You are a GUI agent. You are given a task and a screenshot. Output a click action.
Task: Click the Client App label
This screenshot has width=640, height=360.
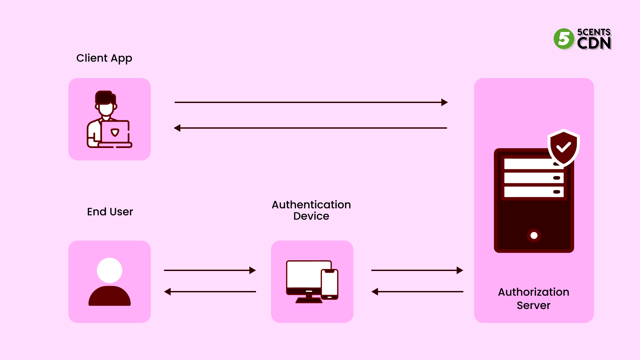coord(104,58)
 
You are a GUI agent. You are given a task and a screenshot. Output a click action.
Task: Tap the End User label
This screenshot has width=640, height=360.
coord(110,212)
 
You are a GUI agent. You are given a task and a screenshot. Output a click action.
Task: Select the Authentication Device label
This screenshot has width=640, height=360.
coord(311,210)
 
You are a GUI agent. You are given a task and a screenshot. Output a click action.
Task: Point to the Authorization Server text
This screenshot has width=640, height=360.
coord(533,298)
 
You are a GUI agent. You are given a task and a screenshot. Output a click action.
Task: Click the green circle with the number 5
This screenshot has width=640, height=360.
coord(564,39)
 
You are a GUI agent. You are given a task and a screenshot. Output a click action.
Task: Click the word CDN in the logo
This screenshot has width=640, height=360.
coord(594,43)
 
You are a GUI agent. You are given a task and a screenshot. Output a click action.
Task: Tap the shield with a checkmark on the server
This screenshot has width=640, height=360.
coord(563,147)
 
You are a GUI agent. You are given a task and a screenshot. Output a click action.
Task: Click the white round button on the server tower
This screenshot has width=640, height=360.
coord(534,235)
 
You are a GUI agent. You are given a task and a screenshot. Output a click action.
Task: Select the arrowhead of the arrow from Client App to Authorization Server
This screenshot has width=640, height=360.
coord(444,102)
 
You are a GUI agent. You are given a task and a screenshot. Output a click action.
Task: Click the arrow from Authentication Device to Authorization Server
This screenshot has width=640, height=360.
coord(417,270)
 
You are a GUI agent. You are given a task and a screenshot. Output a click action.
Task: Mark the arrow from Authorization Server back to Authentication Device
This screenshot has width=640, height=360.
coord(417,292)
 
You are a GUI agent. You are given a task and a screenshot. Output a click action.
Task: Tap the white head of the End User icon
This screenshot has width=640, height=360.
coord(109,270)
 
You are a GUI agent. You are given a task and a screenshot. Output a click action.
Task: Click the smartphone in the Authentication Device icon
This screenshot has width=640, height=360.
coord(329,284)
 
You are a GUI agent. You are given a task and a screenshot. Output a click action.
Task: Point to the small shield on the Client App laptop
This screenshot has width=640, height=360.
coord(115,132)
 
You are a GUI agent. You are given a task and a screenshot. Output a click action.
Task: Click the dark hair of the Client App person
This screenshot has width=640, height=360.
coord(104,97)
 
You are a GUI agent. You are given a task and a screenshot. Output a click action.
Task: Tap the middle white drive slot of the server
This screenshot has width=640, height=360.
coord(530,178)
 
